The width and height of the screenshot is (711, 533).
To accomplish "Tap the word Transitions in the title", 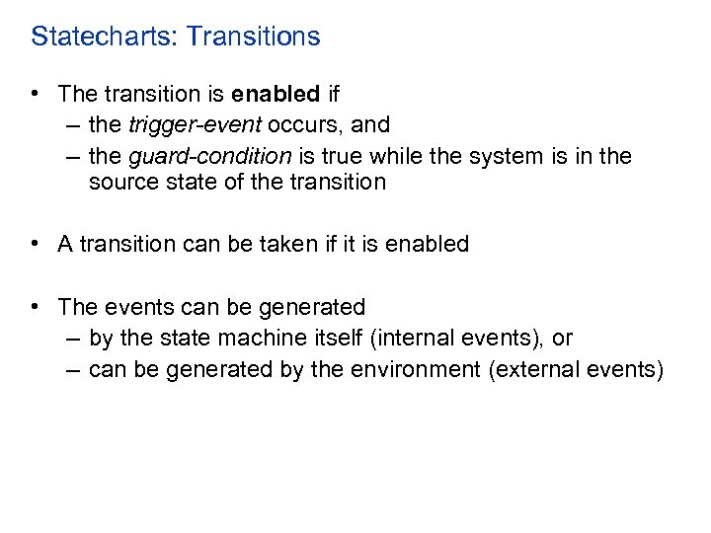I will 253,38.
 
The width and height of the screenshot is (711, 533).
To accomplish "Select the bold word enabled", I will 276,95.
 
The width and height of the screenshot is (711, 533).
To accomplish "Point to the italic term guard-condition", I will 209,157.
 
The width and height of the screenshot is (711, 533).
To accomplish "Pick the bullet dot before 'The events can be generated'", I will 36,307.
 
